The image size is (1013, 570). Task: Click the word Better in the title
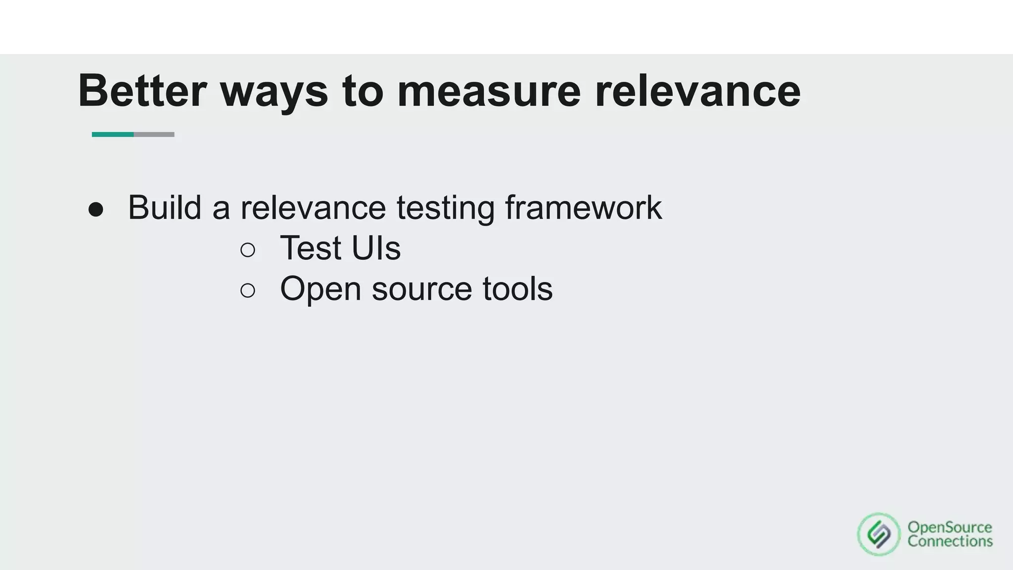point(142,91)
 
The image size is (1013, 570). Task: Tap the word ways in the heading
point(274,92)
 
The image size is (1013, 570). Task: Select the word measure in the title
point(489,92)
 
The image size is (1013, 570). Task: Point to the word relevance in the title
point(697,92)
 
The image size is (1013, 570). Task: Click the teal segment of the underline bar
point(113,135)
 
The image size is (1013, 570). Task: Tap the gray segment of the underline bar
point(154,135)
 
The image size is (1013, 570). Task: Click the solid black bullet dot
point(96,209)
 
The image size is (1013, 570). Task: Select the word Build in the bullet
point(164,207)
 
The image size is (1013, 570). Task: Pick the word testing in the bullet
point(445,208)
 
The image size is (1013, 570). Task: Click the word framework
point(583,207)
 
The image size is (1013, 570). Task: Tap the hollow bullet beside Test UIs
point(248,249)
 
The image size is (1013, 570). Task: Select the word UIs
point(376,248)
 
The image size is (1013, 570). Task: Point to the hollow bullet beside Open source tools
point(248,290)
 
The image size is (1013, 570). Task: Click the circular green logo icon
point(879,534)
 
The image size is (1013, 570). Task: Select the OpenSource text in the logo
point(950,527)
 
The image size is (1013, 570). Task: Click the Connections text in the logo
point(950,541)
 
